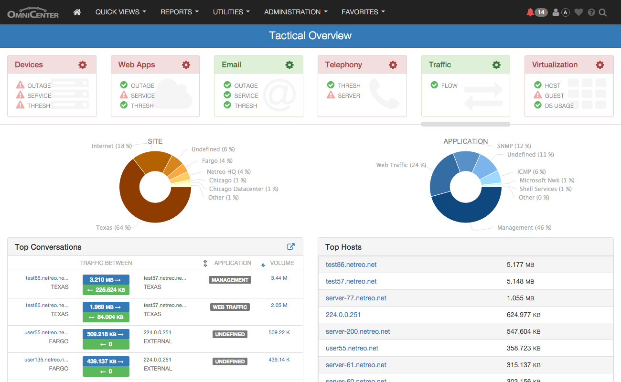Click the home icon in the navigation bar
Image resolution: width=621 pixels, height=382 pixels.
[77, 12]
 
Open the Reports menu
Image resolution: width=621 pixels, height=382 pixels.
[179, 12]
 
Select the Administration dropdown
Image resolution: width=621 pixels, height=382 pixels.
[296, 12]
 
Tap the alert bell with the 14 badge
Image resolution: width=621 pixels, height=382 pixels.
[536, 12]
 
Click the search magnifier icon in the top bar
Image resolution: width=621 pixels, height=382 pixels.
[603, 12]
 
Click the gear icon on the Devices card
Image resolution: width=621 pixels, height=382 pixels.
[83, 65]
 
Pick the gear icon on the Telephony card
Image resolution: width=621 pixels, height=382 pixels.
[393, 65]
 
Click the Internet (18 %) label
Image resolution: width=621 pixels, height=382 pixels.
[112, 146]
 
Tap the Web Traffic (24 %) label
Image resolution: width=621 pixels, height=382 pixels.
[401, 165]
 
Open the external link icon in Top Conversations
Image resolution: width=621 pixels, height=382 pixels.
[290, 247]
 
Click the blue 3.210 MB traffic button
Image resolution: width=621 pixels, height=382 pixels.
[106, 280]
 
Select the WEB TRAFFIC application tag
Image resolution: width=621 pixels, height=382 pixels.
[230, 307]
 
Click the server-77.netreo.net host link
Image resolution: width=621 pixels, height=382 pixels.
[356, 298]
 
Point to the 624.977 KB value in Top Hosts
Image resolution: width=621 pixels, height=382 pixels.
[524, 315]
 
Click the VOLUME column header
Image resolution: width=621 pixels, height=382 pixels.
[282, 263]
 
